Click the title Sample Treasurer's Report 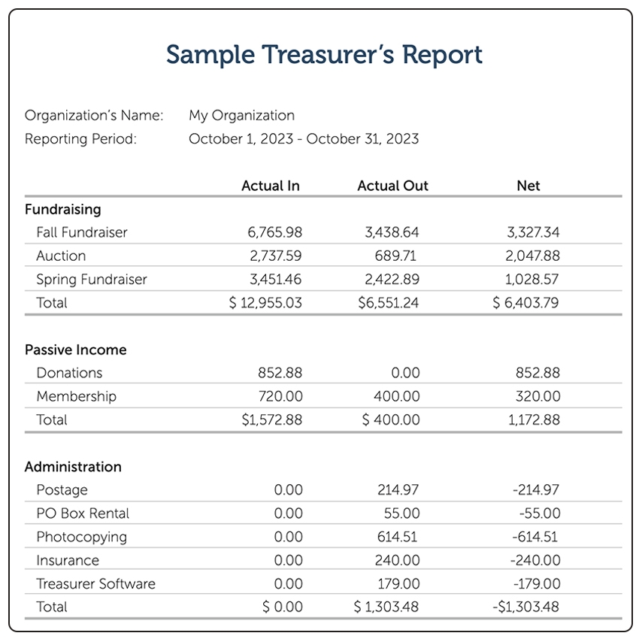[324, 55]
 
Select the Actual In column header [271, 186]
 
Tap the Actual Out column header [392, 186]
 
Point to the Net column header [528, 186]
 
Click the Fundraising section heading [62, 209]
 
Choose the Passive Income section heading [75, 350]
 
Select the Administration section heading [73, 467]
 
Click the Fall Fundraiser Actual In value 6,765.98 [274, 232]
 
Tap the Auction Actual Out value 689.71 [397, 256]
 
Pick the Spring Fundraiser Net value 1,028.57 [532, 279]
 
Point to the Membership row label [76, 396]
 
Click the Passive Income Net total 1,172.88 [534, 419]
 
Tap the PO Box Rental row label [83, 513]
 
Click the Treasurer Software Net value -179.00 [536, 583]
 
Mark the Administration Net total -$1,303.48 [525, 607]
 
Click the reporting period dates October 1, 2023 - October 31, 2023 [304, 138]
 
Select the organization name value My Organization [241, 115]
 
